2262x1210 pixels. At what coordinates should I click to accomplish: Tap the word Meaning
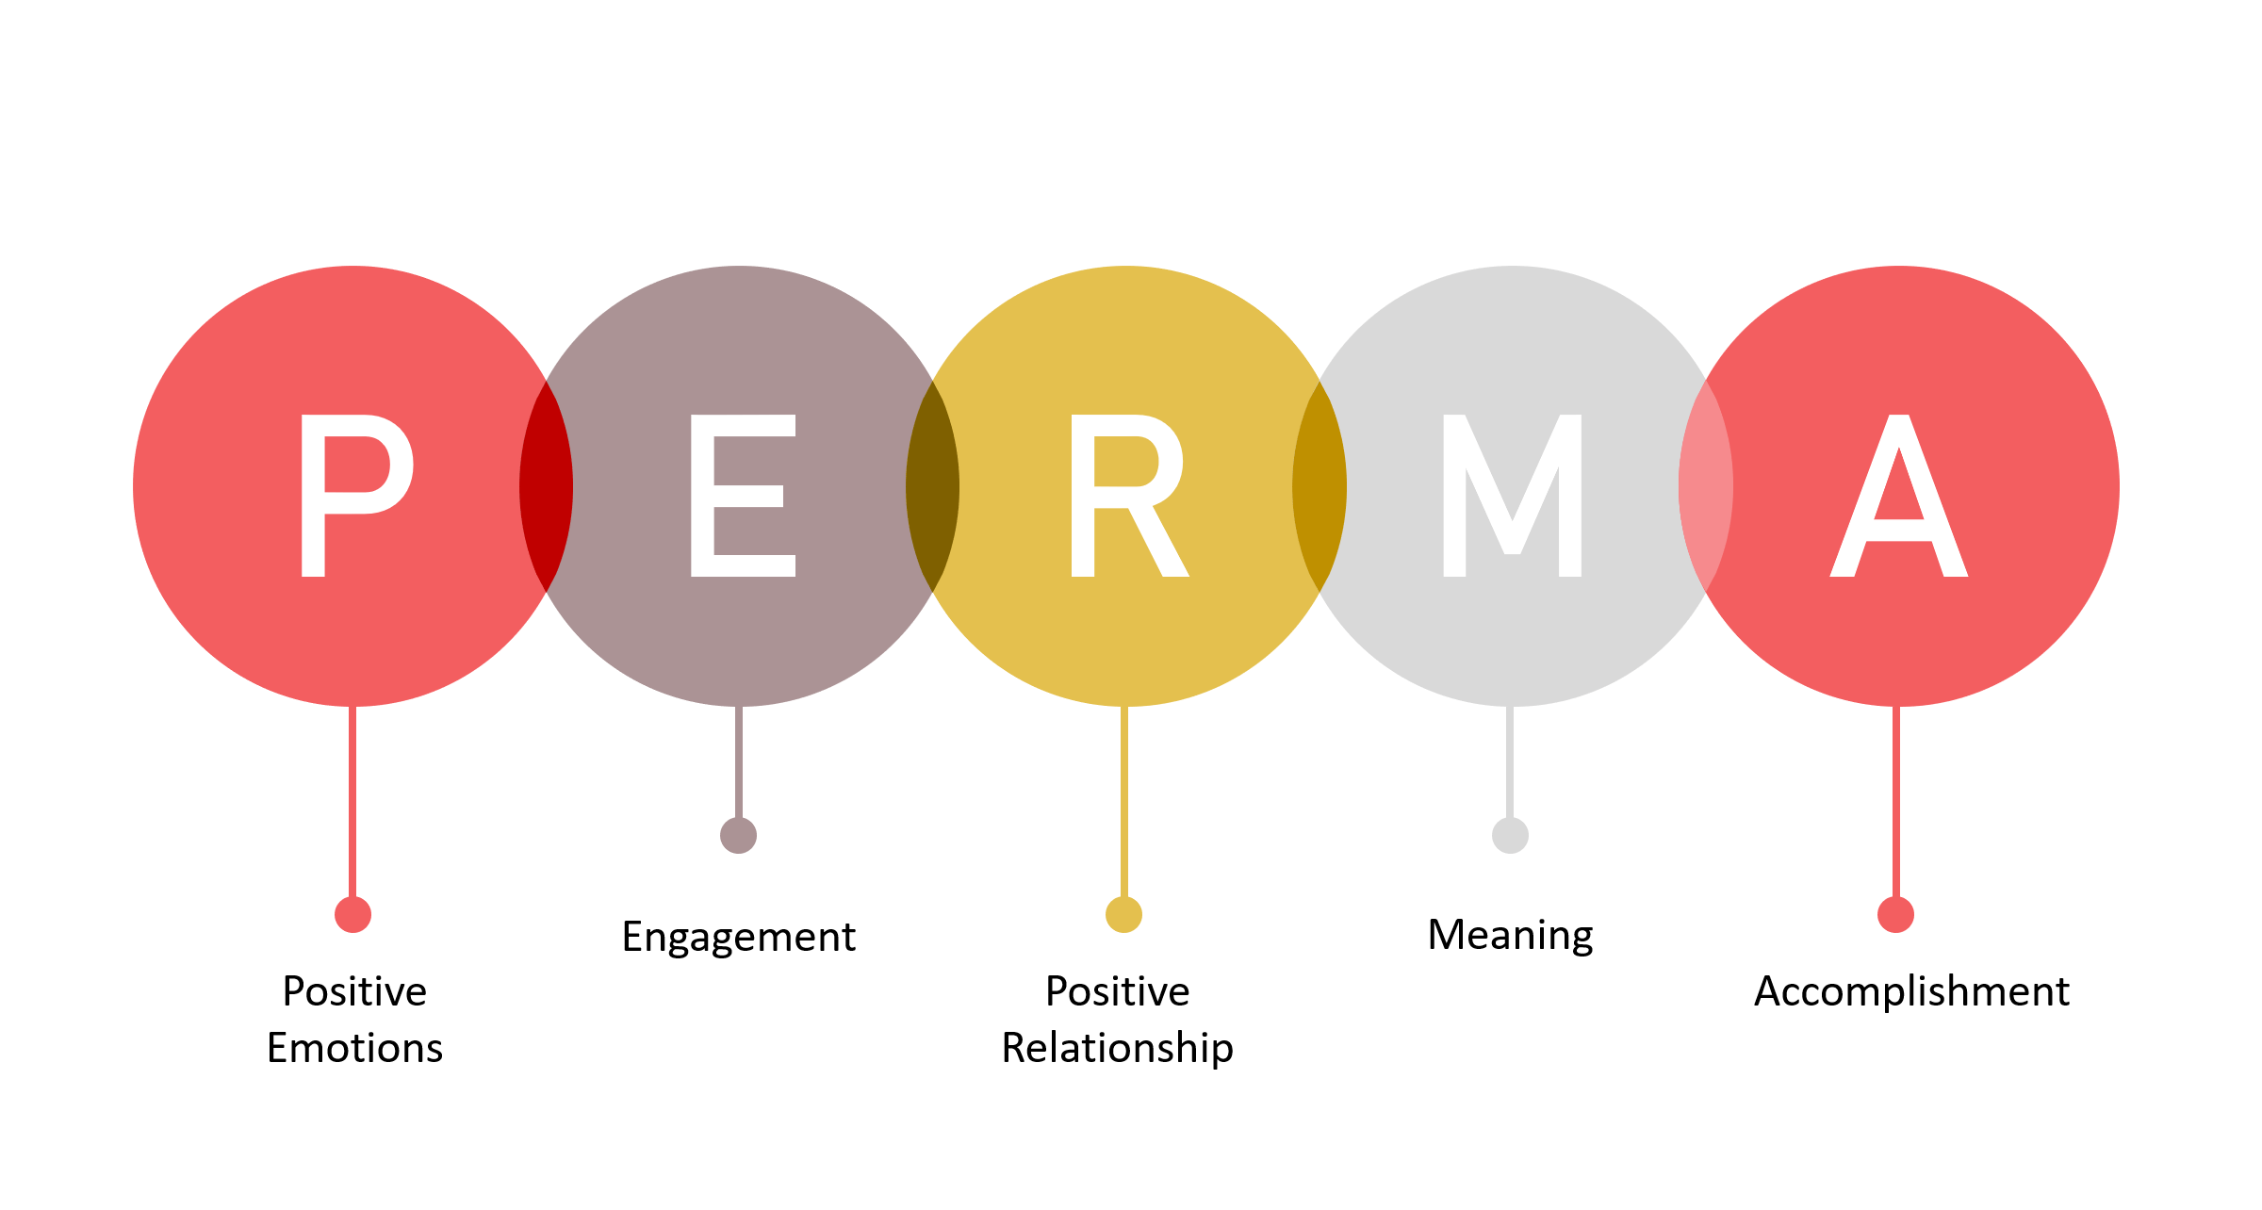click(1511, 936)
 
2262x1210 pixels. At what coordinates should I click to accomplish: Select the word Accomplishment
click(1912, 991)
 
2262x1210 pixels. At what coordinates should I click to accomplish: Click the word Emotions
click(355, 1048)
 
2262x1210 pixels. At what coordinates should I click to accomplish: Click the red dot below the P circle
click(353, 914)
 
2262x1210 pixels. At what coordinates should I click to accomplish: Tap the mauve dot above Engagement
click(739, 835)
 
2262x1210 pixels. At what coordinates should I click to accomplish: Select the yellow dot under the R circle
click(1124, 914)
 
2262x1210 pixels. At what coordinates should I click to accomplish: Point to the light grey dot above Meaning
click(1511, 835)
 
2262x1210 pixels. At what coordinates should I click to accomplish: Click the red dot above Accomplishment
click(1896, 914)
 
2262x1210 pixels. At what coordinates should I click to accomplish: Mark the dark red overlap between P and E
click(547, 486)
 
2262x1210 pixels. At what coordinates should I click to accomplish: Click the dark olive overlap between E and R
click(933, 486)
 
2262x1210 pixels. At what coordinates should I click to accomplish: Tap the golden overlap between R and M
click(1319, 486)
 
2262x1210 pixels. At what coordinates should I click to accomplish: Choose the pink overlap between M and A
click(1706, 486)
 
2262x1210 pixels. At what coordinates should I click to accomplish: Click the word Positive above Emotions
click(355, 991)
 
